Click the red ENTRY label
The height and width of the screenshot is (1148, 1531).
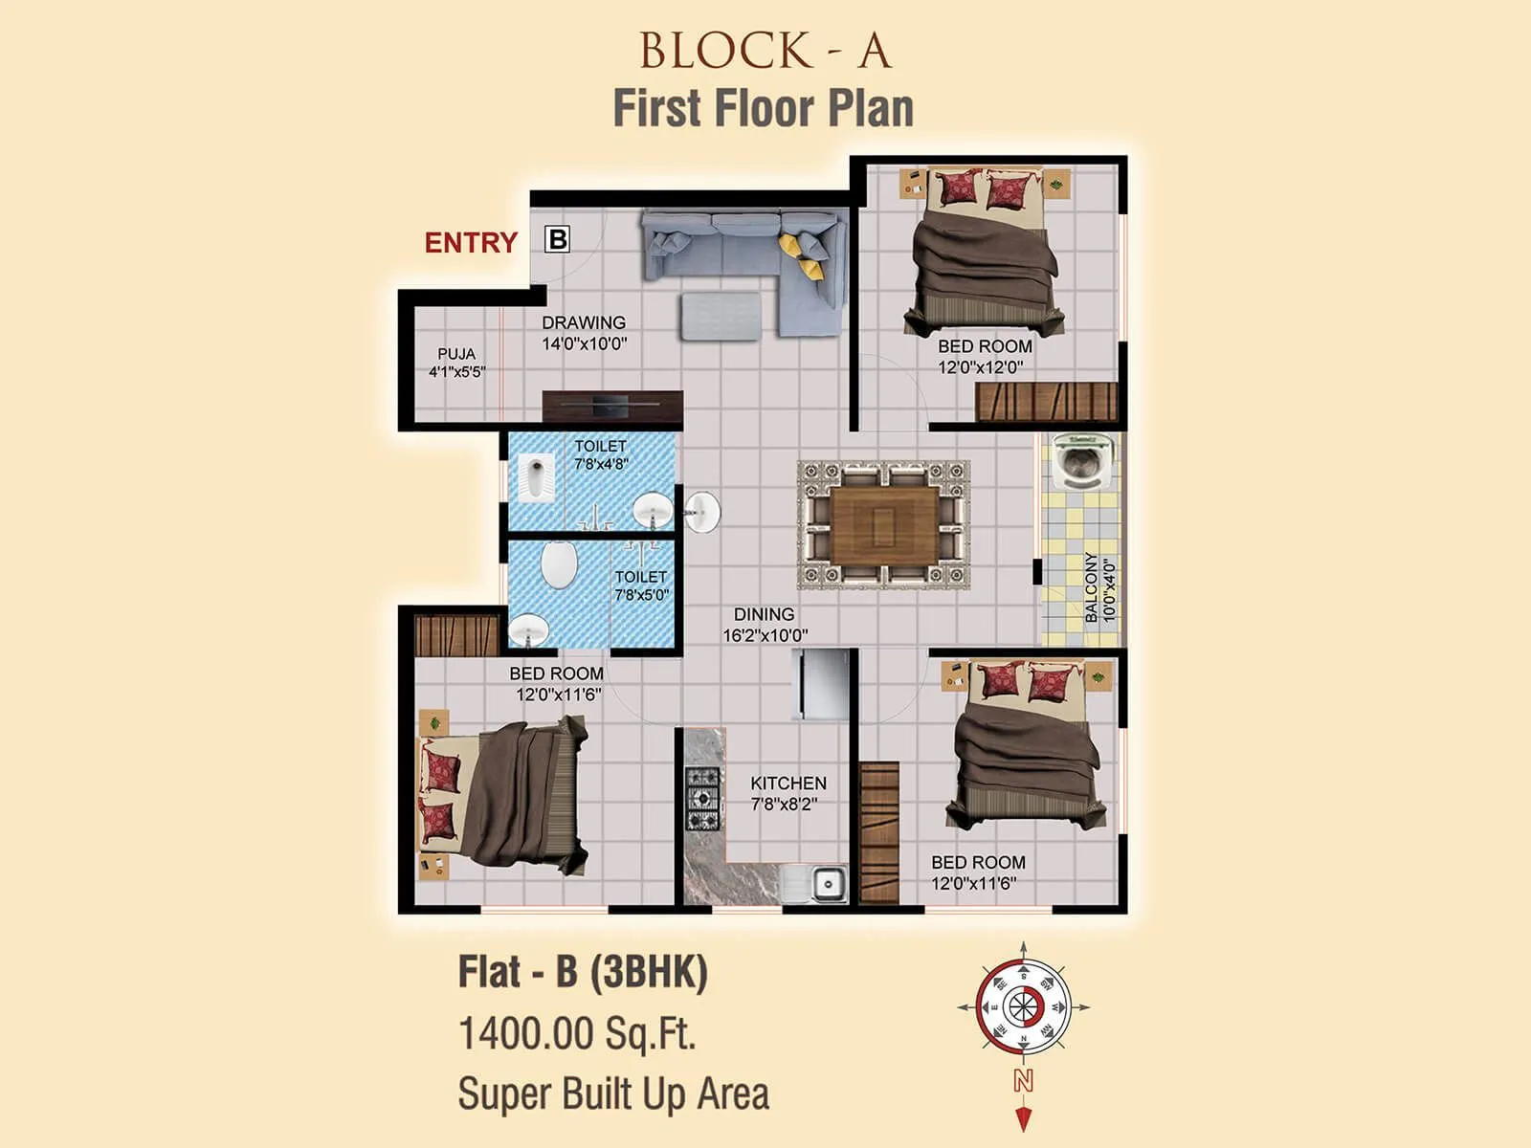coord(471,243)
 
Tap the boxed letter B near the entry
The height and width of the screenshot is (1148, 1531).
coord(557,238)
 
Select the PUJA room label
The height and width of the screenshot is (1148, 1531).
coord(456,354)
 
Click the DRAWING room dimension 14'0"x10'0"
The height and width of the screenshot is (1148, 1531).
coord(584,343)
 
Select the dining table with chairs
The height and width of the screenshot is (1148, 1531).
coord(883,524)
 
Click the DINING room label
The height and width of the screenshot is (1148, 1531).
coord(764,614)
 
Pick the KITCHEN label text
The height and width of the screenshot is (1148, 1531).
coord(788,784)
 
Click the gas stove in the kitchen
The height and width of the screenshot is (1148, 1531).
coord(702,798)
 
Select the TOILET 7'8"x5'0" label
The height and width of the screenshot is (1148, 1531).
coord(641,585)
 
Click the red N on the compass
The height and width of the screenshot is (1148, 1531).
coord(1023,1081)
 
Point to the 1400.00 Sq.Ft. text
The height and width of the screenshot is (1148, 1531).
coord(577,1033)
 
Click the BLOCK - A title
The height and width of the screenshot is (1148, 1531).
coord(765,52)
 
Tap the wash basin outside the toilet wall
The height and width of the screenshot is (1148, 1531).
coord(703,512)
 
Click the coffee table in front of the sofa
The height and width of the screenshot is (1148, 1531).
coord(721,317)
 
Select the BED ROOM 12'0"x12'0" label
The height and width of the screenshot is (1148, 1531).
coord(984,356)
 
